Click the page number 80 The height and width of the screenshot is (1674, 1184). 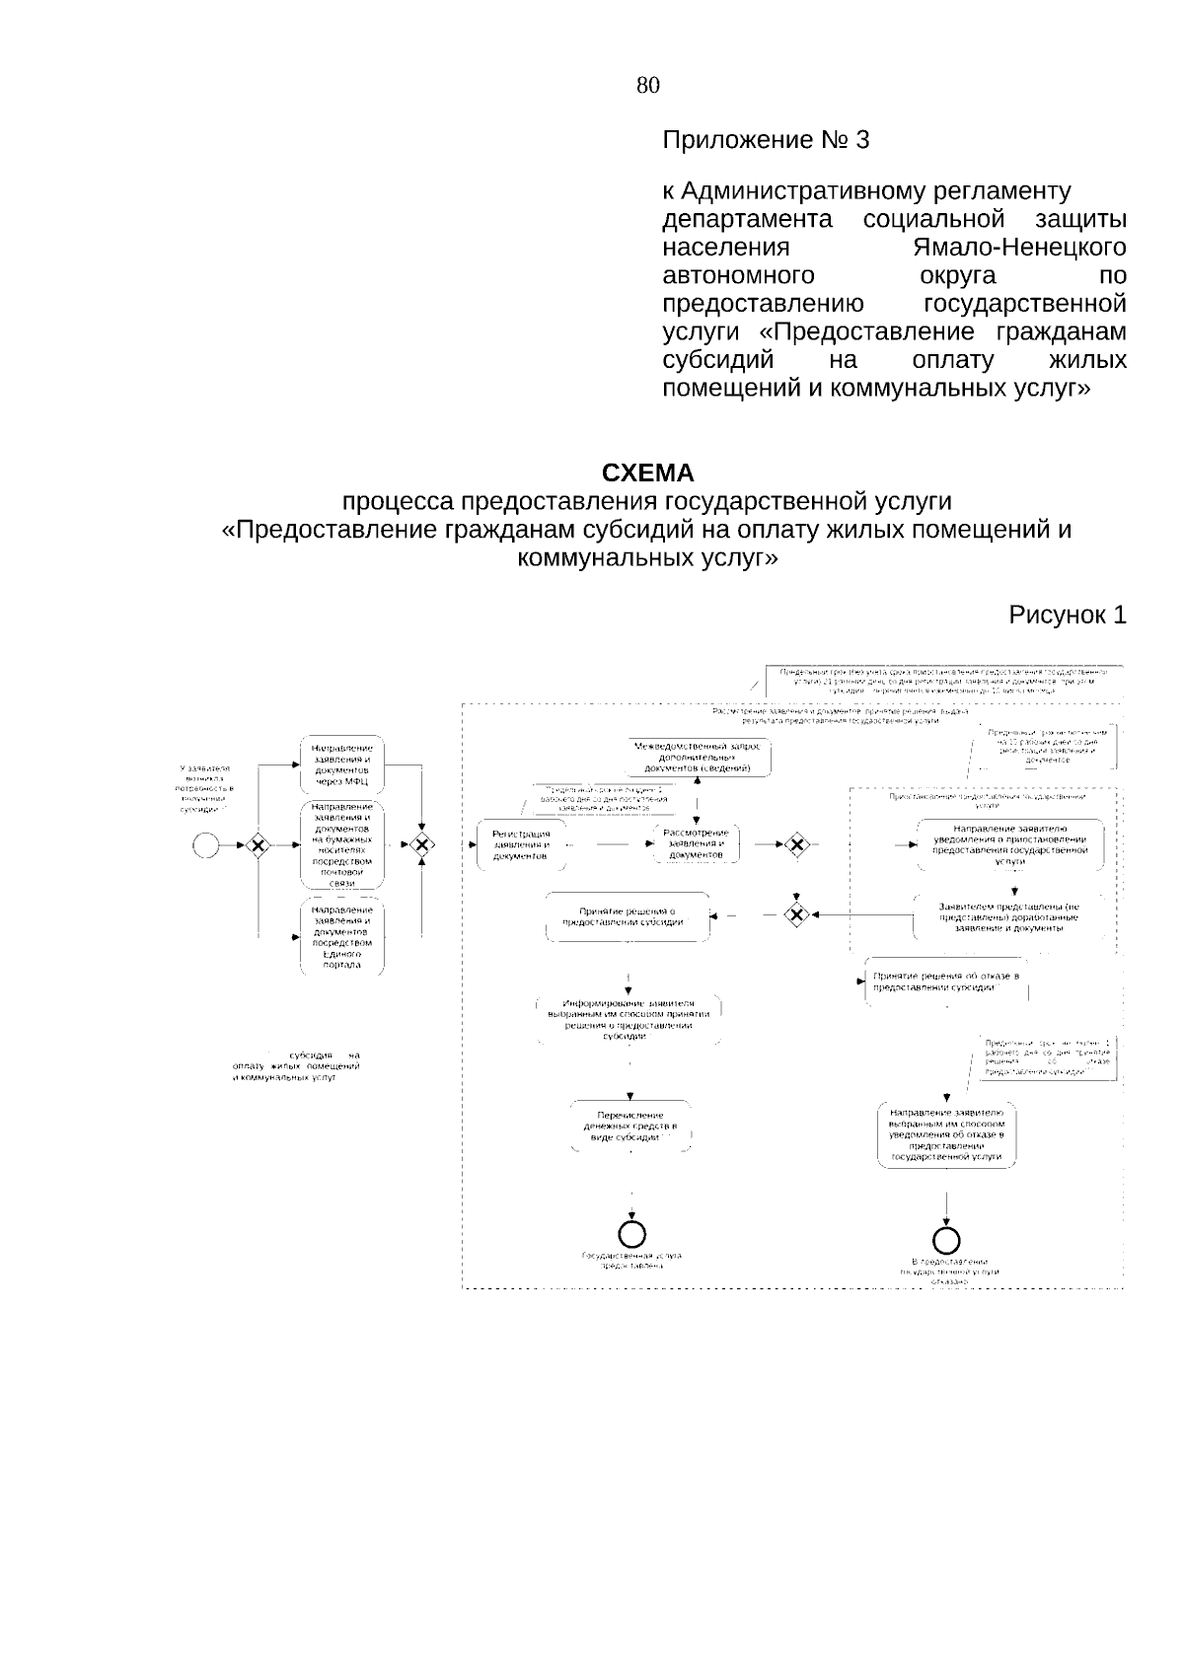point(647,85)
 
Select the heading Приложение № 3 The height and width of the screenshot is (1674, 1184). point(766,140)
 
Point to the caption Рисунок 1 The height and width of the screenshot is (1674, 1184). point(1067,615)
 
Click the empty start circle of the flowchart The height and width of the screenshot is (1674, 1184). point(205,844)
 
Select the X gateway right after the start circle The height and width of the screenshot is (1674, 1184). point(258,844)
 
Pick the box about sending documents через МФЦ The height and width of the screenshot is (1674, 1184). point(341,764)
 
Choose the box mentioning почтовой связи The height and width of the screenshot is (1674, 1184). point(341,844)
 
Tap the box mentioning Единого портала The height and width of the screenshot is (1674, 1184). point(341,937)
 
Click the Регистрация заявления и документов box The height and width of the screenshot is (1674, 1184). point(521,844)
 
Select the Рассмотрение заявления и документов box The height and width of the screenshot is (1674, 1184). point(697,843)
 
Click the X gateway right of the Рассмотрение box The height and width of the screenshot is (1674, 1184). point(795,844)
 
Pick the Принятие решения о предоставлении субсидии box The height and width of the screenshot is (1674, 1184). point(627,916)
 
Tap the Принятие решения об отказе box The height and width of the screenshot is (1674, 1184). point(944,981)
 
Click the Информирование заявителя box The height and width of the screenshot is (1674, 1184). point(629,1019)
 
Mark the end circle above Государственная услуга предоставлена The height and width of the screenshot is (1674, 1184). point(631,1234)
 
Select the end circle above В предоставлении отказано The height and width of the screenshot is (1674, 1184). point(947,1240)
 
